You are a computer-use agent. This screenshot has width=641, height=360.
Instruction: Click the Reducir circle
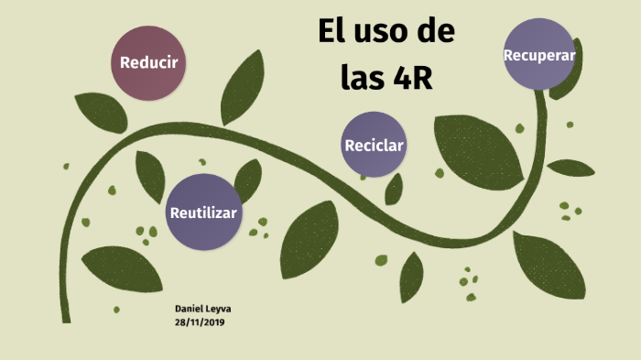[x=148, y=63]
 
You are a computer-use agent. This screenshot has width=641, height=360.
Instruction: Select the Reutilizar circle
[x=203, y=212]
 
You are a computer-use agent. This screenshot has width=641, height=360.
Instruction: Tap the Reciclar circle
[x=374, y=145]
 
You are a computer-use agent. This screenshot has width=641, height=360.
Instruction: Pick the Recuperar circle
[x=538, y=54]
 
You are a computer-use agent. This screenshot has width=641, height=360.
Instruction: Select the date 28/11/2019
[x=199, y=322]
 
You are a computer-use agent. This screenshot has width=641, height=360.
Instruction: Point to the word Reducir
[x=148, y=63]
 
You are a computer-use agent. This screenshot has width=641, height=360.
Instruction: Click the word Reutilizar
[x=203, y=213]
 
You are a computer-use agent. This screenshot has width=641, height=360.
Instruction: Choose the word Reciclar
[x=374, y=146]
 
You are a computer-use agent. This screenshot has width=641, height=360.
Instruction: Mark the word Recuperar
[x=538, y=55]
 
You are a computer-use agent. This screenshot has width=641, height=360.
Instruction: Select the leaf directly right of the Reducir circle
[x=243, y=88]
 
